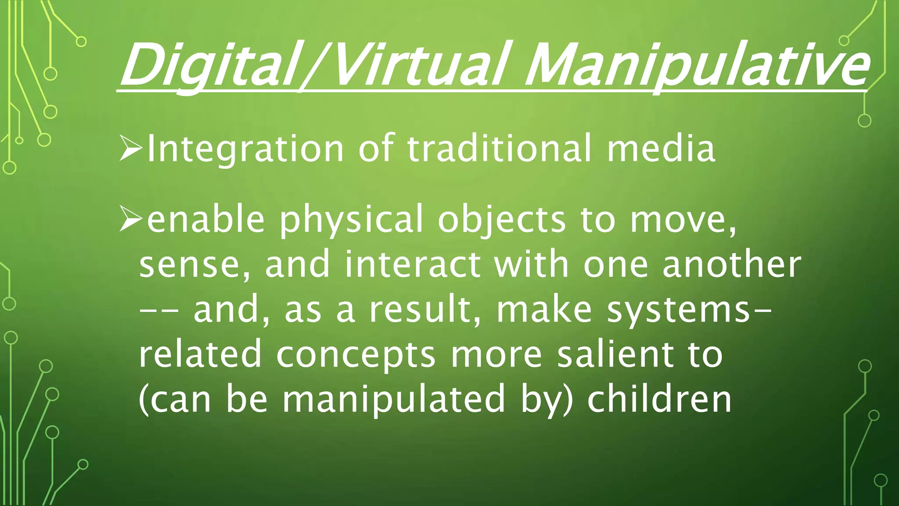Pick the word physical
(351, 220)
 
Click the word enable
(206, 219)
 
